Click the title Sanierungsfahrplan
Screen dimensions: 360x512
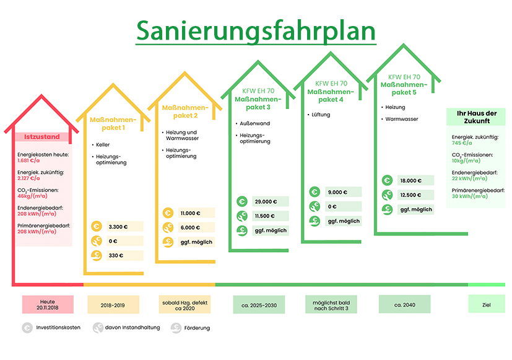point(256,30)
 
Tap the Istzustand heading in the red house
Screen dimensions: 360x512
point(41,136)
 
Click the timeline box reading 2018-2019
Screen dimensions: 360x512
point(113,305)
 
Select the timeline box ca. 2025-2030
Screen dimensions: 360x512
point(259,305)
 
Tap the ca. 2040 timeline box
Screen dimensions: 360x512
point(405,305)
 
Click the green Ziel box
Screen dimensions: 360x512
point(486,305)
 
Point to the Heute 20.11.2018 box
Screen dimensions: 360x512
point(48,305)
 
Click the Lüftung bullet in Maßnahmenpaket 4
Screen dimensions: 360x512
point(320,115)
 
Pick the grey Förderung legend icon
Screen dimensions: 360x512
point(176,328)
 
